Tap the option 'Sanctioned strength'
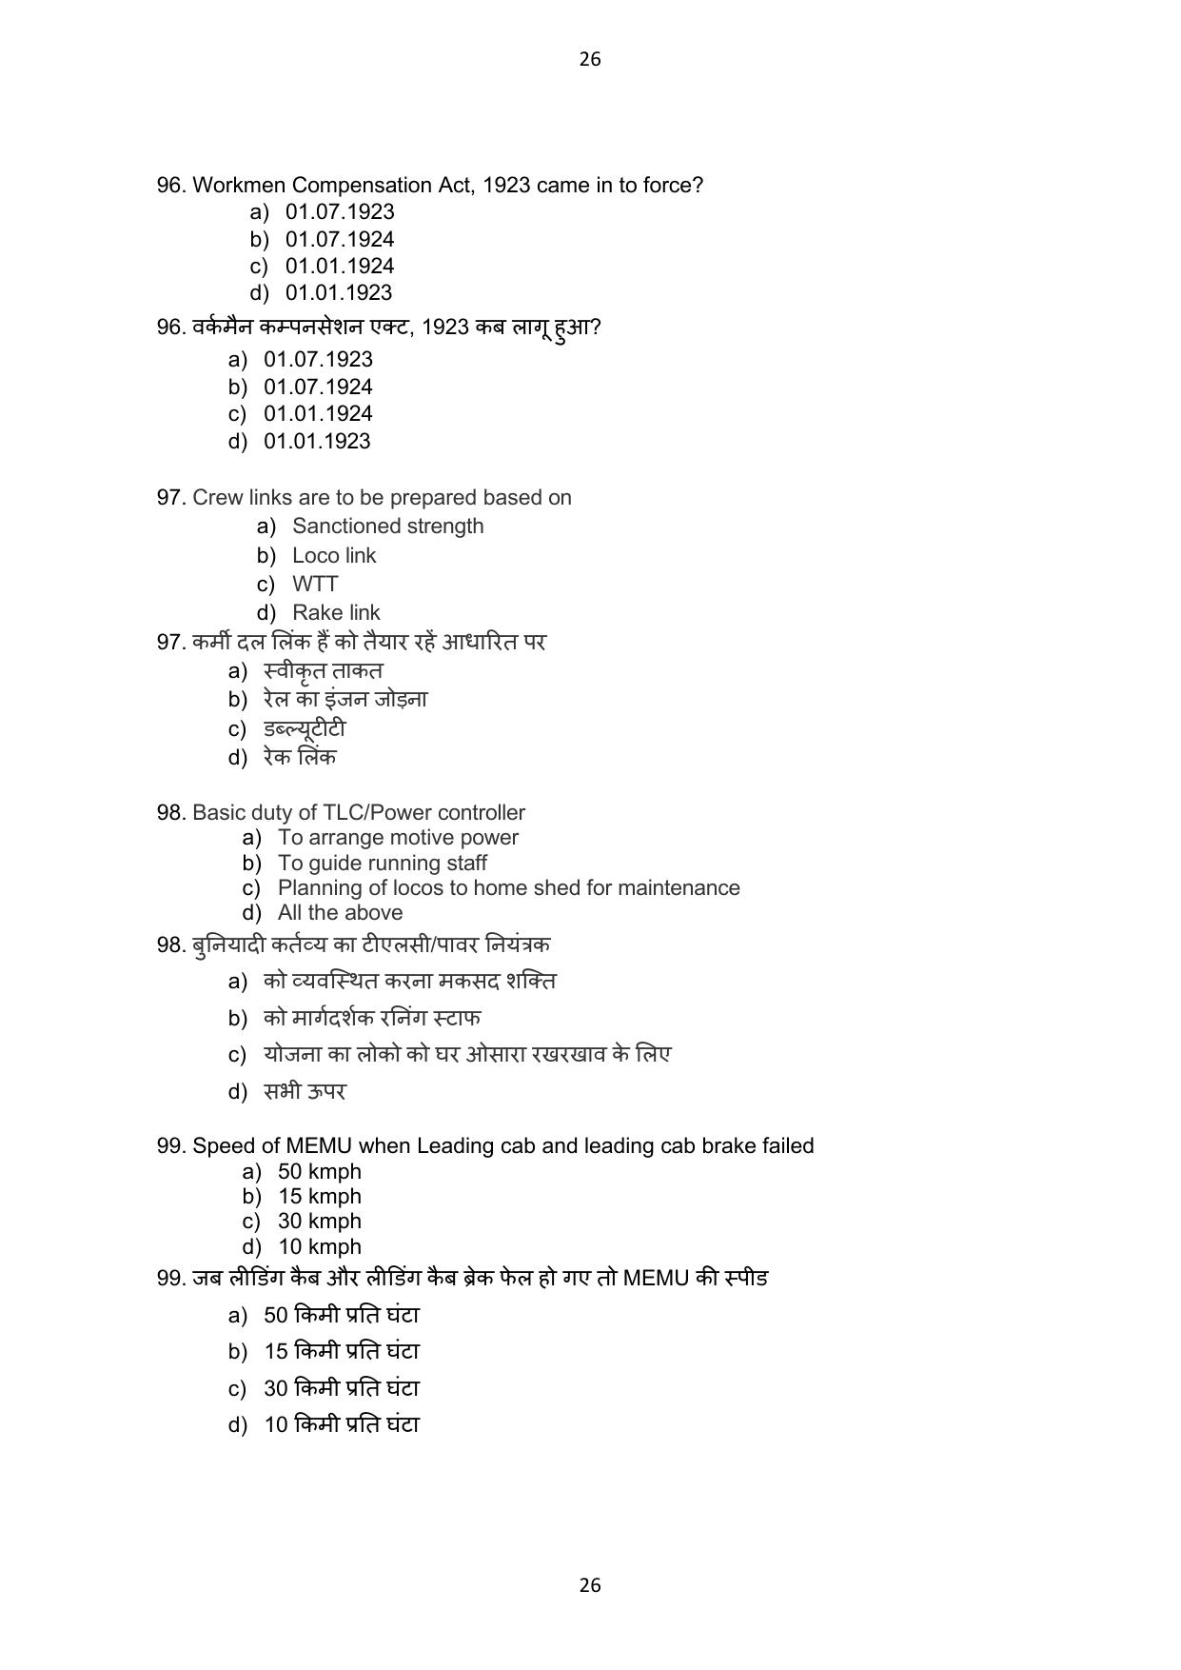(x=387, y=527)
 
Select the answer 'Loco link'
(x=334, y=556)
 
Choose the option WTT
(x=315, y=585)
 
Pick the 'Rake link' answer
(x=336, y=613)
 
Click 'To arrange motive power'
(x=398, y=838)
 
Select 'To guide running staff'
(x=382, y=864)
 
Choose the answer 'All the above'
(x=340, y=913)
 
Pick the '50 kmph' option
(x=319, y=1172)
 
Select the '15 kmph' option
(x=319, y=1197)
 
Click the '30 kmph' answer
(x=319, y=1222)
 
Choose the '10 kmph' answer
(x=319, y=1247)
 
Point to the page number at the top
(x=590, y=59)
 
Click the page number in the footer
(x=590, y=1585)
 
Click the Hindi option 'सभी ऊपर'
(x=305, y=1092)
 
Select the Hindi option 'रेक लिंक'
(x=300, y=758)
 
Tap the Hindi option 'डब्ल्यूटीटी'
(x=305, y=729)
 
